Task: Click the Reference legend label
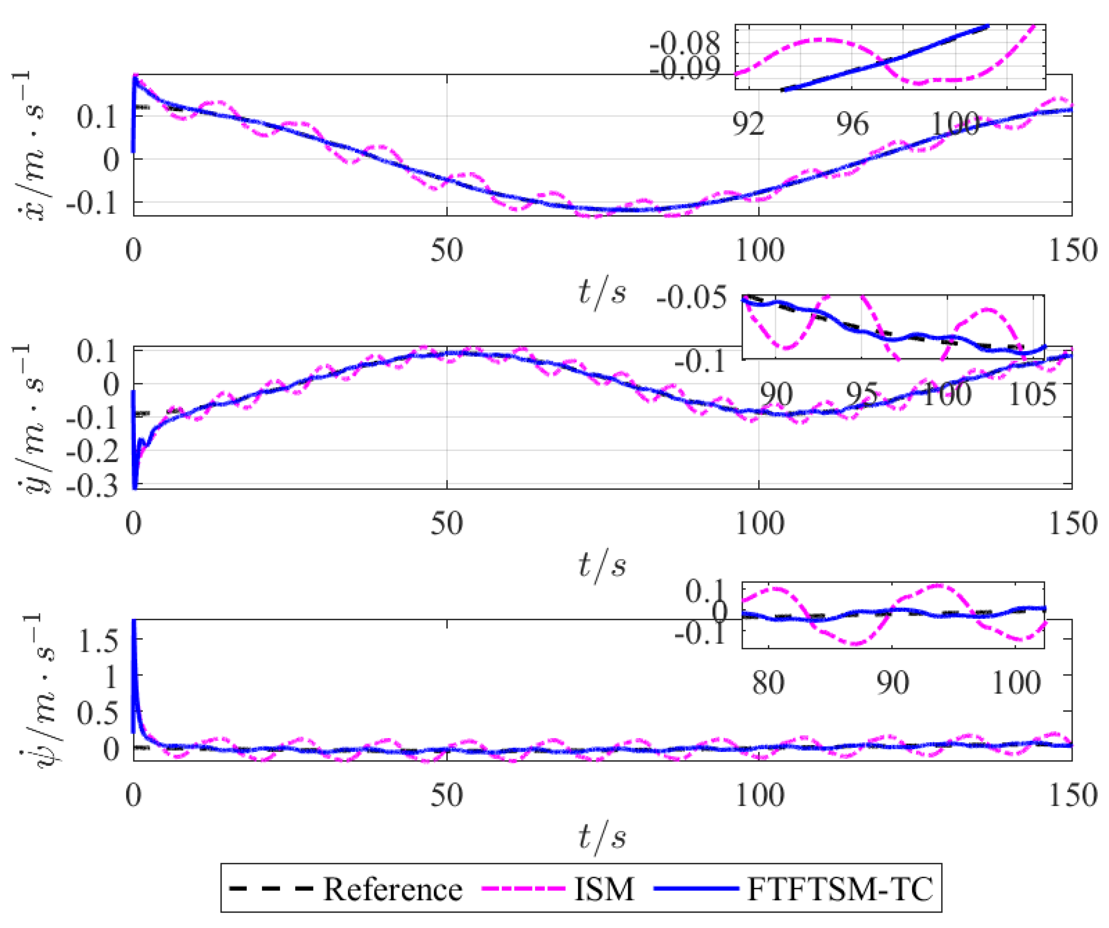[393, 889]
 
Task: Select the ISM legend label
[604, 889]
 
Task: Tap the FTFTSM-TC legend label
[840, 889]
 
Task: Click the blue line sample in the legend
[696, 889]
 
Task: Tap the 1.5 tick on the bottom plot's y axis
[97, 641]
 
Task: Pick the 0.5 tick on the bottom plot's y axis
[97, 713]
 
